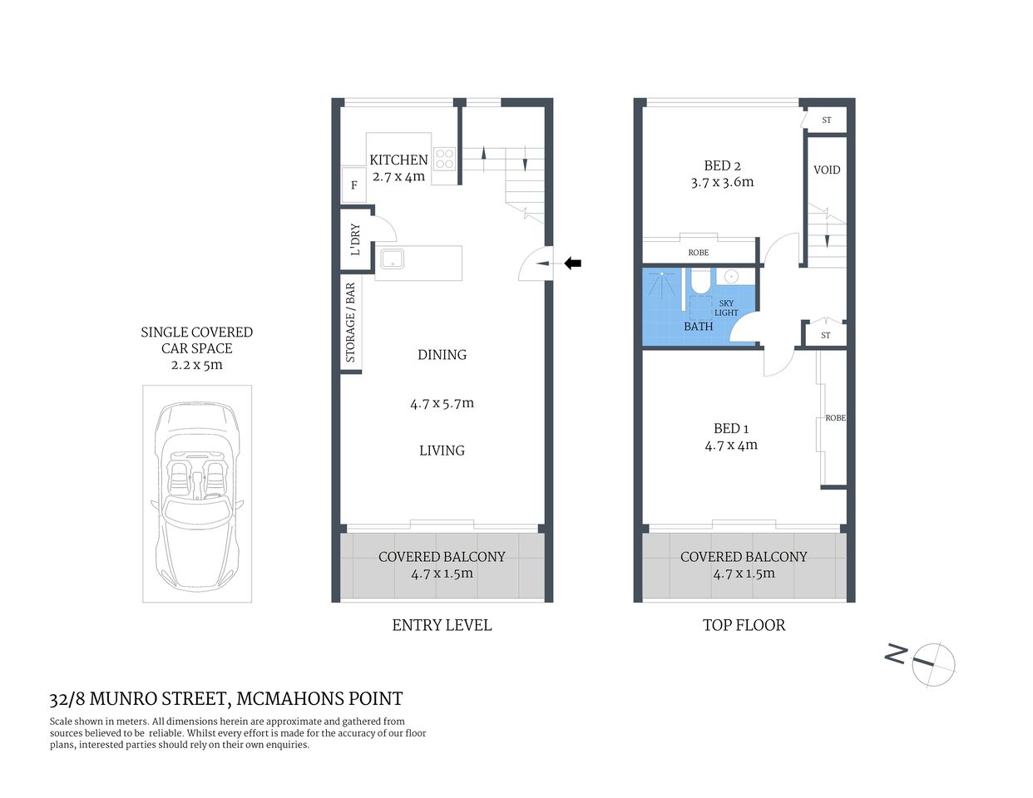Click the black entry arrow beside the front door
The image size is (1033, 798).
[x=573, y=264]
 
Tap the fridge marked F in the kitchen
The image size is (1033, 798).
[x=353, y=185]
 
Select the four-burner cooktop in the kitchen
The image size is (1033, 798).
[x=445, y=159]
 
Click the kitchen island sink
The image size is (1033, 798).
[x=392, y=259]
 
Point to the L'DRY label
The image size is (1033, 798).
[x=354, y=239]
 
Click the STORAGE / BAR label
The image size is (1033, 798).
[x=350, y=323]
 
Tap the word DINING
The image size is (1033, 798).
[x=442, y=355]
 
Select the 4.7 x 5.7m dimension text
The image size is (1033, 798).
[x=442, y=403]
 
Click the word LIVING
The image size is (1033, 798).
[x=442, y=451]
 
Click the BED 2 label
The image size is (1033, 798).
[x=722, y=165]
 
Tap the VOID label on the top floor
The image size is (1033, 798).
[x=827, y=170]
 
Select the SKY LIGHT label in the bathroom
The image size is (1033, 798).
[x=726, y=308]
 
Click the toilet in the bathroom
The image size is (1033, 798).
[x=700, y=282]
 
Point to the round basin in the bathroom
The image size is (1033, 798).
[x=731, y=277]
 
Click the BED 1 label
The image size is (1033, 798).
[x=731, y=428]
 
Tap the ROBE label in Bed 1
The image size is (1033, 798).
[x=835, y=418]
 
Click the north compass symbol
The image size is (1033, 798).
[x=932, y=663]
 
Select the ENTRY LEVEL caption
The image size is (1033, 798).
[x=442, y=625]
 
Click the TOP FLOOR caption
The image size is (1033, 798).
[x=744, y=625]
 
